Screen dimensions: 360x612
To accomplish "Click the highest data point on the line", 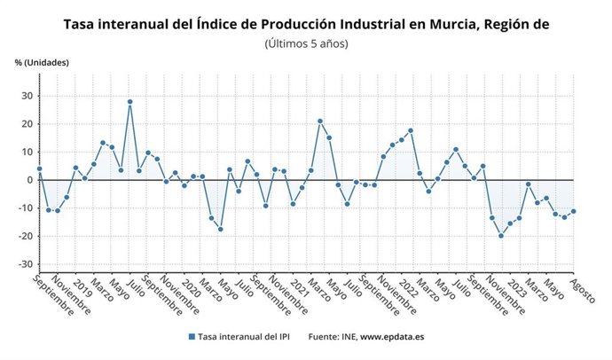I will point(129,101).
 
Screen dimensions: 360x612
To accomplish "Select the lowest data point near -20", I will point(501,236).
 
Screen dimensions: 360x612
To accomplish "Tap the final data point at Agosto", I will point(574,211).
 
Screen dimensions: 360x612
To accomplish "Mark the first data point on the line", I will point(39,168).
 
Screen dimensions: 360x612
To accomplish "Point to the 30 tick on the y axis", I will point(27,96).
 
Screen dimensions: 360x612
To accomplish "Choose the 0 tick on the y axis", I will point(30,180).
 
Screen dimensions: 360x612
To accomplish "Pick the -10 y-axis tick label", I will point(25,208).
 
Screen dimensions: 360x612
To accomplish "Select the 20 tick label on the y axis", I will point(27,123).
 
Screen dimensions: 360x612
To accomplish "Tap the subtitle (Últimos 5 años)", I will point(306,43).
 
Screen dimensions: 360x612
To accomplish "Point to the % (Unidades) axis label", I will point(42,62).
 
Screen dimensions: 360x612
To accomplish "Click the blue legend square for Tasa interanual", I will point(192,337).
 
